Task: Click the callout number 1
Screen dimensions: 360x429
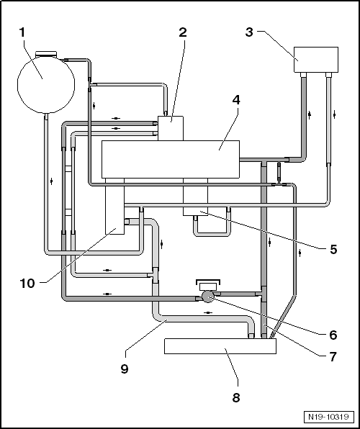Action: coord(22,32)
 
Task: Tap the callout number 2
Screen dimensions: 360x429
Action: coord(183,32)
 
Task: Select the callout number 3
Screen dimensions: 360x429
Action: coord(249,32)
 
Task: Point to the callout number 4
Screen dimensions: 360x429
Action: coord(236,100)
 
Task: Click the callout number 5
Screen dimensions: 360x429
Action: coord(333,249)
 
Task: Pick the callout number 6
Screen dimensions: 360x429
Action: coord(333,335)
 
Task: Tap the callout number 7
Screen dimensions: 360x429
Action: coord(333,357)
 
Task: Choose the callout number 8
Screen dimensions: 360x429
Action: coord(236,397)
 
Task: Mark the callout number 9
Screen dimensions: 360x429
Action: coord(125,369)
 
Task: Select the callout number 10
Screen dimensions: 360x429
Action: coord(27,284)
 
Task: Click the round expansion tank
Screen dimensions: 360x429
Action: coord(46,84)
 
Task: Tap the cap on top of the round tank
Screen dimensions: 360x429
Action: coord(46,54)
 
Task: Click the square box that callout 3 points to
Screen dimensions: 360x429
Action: coord(316,60)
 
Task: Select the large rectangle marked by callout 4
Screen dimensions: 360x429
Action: coord(171,160)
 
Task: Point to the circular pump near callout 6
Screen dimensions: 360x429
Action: coord(208,297)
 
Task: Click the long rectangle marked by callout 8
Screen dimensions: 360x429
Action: coord(220,346)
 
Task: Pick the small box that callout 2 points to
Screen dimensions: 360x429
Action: coord(171,128)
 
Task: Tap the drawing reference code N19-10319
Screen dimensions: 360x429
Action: coord(328,417)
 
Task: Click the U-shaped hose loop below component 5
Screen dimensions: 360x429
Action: coord(212,234)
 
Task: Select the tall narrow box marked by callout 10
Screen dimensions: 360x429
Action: coord(114,207)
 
